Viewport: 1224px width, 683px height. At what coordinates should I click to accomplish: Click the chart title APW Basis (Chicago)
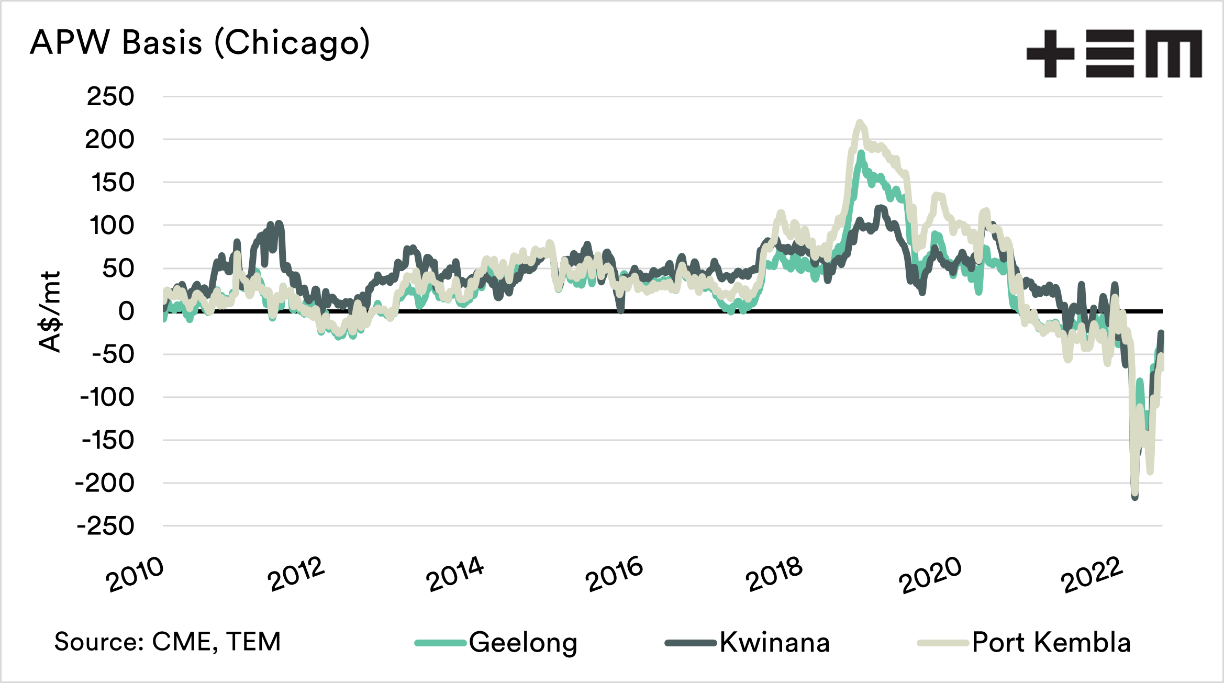(200, 43)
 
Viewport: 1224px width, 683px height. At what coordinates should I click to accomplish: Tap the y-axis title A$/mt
(50, 312)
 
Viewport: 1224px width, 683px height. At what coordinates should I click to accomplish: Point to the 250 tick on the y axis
(110, 97)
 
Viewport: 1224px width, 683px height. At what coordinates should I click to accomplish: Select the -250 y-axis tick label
(106, 527)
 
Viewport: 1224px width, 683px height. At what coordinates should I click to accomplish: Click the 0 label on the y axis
(126, 312)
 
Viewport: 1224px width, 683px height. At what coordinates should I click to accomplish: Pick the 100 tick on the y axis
(112, 226)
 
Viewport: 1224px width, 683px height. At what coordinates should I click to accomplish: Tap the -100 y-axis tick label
(107, 398)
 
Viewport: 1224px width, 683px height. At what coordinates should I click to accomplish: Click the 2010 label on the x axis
(135, 574)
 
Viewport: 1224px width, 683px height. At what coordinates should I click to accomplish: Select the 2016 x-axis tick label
(614, 574)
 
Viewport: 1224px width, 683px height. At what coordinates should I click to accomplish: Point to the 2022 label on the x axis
(1092, 575)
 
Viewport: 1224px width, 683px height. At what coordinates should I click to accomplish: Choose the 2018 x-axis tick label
(774, 574)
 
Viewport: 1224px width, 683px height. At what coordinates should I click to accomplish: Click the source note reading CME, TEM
(168, 642)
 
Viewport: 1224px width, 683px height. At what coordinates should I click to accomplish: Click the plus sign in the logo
(1050, 54)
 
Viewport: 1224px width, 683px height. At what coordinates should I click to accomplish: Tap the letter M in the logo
(1174, 54)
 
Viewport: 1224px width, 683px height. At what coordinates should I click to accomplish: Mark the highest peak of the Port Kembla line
(859, 122)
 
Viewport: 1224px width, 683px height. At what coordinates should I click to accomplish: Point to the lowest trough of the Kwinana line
(1134, 497)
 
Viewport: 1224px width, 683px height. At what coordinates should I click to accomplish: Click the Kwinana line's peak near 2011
(278, 223)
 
